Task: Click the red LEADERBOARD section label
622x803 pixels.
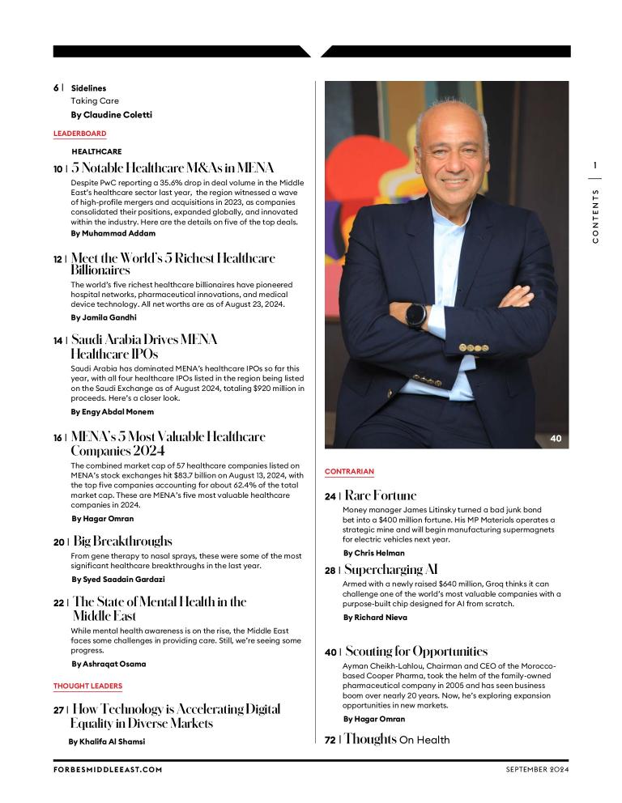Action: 79,134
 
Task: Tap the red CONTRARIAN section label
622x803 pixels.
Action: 349,471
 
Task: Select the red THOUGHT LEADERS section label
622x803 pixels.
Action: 87,686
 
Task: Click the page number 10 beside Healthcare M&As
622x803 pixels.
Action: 58,169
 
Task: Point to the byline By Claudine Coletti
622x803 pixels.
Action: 111,115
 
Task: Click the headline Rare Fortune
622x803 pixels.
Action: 381,495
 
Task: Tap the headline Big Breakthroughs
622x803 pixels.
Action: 122,541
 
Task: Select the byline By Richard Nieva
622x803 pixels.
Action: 375,618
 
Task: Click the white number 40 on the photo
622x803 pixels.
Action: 556,438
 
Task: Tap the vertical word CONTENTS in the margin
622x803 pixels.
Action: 595,216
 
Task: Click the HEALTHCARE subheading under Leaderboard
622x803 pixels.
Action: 96,151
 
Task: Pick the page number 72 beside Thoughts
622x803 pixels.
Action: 330,740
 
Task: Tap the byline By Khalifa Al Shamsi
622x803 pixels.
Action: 107,741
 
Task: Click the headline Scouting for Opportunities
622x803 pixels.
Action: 416,652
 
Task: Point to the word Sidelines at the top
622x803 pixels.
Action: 88,88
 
